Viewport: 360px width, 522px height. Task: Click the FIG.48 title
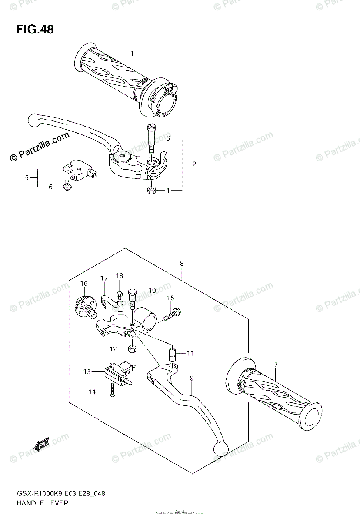[35, 30]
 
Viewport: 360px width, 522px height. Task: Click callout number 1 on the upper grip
[132, 54]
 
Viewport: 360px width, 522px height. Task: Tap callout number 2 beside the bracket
[194, 164]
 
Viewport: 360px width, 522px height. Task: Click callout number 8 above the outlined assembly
[181, 263]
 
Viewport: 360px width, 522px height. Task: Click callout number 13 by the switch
[87, 371]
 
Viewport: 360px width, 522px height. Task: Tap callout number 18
[120, 276]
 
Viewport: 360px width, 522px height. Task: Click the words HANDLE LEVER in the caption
[43, 503]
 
